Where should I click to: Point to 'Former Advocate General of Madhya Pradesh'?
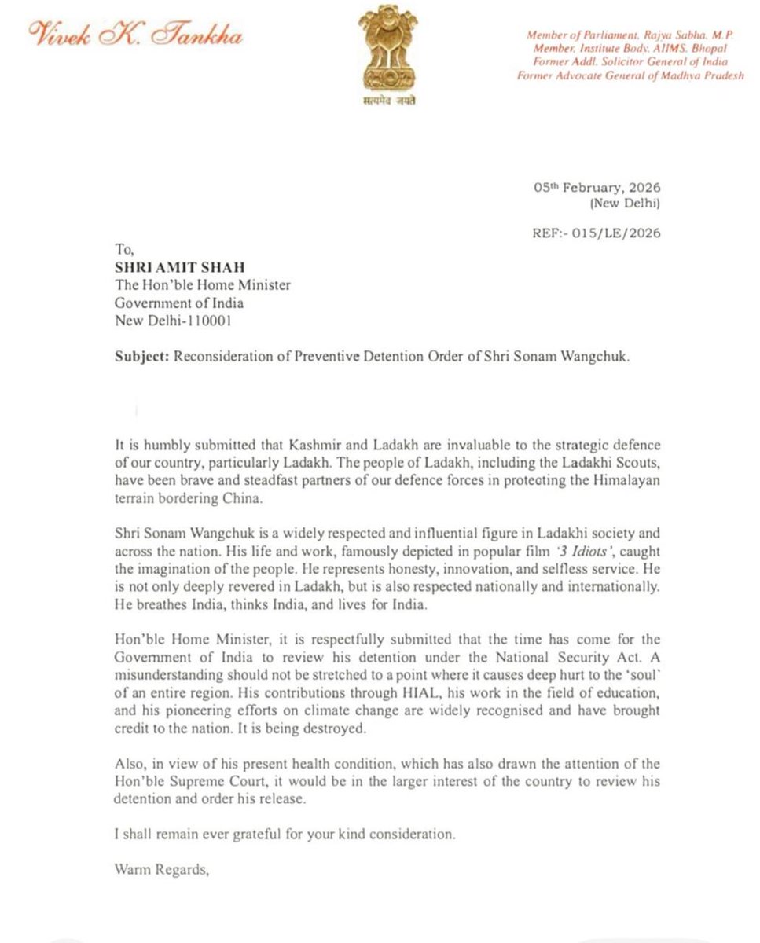630,75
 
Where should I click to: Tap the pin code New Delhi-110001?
173,321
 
